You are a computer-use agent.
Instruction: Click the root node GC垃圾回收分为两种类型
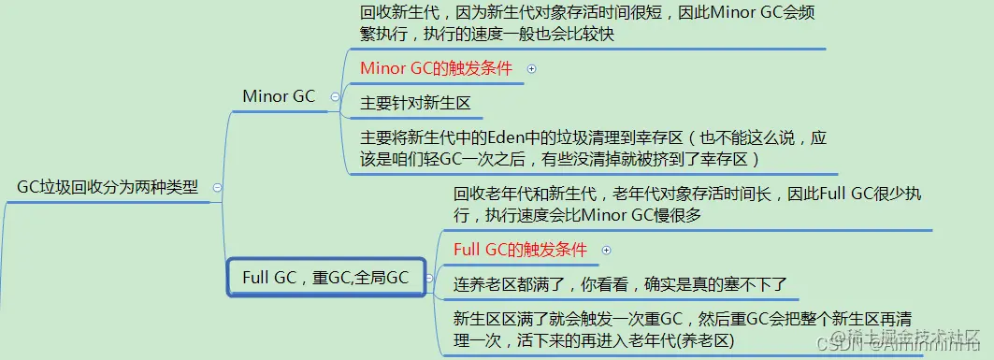(108, 187)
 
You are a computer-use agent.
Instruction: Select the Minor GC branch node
(278, 96)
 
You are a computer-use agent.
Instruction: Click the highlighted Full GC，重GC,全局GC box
(325, 278)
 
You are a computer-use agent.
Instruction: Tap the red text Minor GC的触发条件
(436, 68)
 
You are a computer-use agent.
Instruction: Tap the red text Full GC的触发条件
(520, 250)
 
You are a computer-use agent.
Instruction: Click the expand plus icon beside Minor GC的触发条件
(531, 68)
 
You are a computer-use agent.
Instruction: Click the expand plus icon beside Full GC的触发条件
(606, 250)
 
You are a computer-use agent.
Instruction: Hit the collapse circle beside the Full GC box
(428, 278)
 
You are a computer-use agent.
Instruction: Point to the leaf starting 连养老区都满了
(620, 282)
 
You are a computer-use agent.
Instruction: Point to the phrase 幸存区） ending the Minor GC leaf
(737, 160)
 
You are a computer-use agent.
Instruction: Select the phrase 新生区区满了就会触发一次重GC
(569, 316)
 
